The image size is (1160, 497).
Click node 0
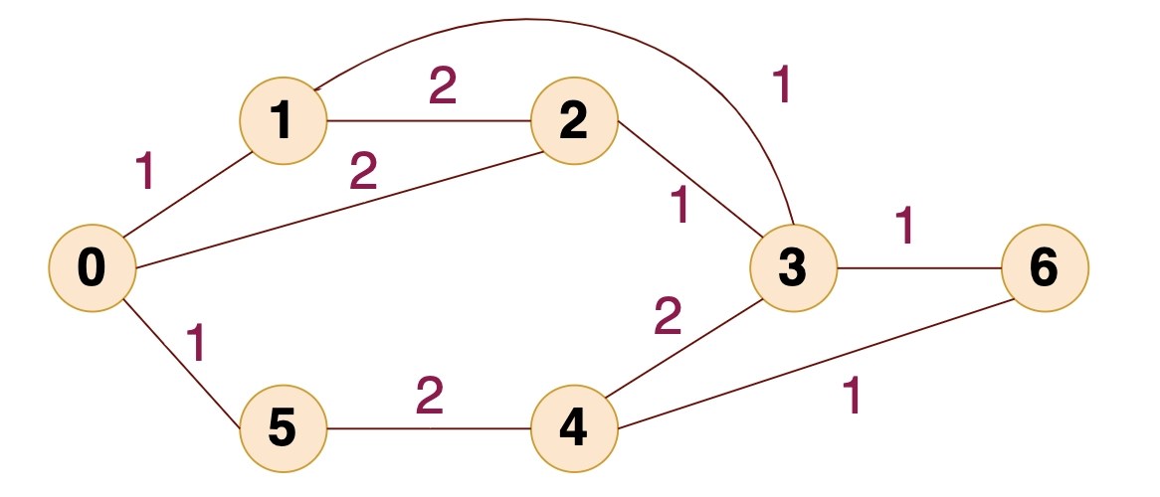[92, 268]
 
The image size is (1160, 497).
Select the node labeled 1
[283, 121]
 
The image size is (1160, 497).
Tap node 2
[574, 121]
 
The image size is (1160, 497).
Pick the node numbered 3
[793, 268]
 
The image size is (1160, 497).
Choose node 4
[574, 429]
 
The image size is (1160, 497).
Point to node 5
[283, 429]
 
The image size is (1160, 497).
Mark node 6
[1046, 268]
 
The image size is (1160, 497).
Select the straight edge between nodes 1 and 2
[428, 121]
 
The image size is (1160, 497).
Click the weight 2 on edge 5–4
[429, 396]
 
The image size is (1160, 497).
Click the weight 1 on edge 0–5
[198, 342]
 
